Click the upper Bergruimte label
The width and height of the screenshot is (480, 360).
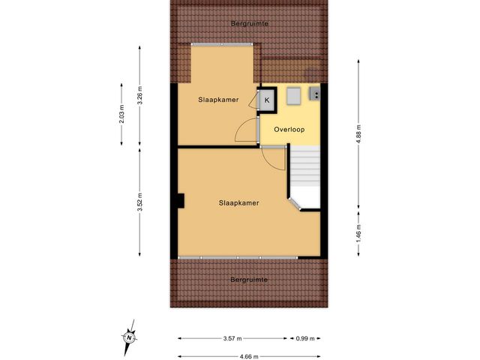coord(249,24)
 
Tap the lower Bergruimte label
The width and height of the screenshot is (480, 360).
coord(249,280)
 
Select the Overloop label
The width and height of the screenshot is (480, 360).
coord(289,129)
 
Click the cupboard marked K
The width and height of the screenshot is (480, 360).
coord(267,100)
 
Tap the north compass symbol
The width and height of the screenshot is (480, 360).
coord(129,337)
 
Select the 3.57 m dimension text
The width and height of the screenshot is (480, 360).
coord(232,338)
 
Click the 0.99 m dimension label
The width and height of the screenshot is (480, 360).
coord(305,338)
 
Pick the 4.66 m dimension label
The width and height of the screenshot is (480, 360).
coord(250,356)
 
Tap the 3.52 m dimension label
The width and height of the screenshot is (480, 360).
coord(140,201)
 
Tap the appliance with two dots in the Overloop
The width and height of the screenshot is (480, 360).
coord(315,94)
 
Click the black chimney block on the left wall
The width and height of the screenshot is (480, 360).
coord(181,200)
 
